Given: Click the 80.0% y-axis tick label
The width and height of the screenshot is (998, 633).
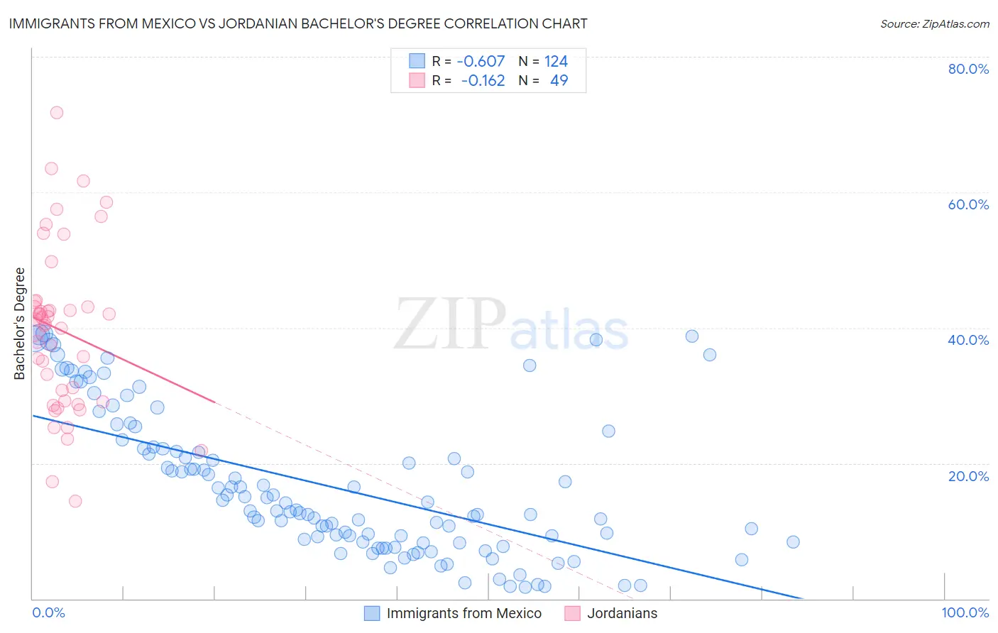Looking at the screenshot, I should point(968,69).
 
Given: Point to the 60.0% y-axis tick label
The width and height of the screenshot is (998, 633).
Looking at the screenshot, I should point(968,204).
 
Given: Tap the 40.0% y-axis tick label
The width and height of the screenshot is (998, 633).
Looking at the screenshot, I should point(968,340).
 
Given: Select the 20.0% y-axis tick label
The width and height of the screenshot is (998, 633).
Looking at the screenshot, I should point(968,475).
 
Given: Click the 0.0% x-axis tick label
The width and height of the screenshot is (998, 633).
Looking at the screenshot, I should point(48,612).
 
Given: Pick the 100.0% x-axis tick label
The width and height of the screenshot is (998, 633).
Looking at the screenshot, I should point(965,612).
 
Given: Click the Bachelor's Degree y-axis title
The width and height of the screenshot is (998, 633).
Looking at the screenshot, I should point(20,324).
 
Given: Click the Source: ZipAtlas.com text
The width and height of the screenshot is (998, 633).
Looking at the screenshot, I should point(934,23).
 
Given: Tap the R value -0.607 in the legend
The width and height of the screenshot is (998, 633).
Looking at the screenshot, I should point(481,61).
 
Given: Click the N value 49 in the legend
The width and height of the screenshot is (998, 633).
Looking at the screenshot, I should point(559,80).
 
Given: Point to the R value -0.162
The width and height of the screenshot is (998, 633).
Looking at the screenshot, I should point(483,80).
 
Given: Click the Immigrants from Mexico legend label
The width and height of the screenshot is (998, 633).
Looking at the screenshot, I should point(464,613).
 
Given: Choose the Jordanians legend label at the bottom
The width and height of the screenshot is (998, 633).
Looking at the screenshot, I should point(622,613).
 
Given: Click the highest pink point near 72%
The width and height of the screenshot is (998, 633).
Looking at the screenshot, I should point(57,112).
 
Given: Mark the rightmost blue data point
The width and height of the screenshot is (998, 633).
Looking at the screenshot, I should point(793,541).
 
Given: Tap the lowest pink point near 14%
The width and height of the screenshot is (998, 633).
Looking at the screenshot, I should point(75,501).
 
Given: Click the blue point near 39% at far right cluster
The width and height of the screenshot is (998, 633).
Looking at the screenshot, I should point(691,336).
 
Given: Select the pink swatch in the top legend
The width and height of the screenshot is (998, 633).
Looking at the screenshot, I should point(417,80).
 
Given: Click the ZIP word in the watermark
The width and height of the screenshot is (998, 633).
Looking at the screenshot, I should point(450,324).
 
